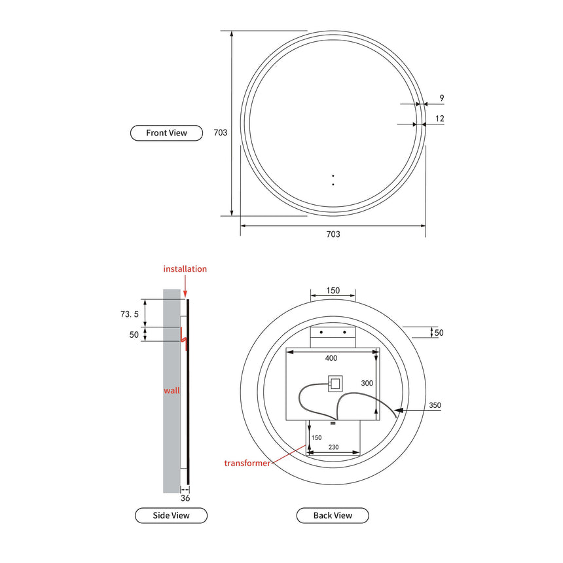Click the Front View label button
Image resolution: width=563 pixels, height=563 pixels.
pos(166,133)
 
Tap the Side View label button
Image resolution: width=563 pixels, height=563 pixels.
pos(171,515)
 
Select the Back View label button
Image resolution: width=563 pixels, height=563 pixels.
pos(333,515)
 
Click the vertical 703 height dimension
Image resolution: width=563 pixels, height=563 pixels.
pos(221,132)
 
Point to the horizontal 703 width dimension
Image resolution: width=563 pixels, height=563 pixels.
pos(333,234)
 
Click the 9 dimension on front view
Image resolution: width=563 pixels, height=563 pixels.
pos(442,98)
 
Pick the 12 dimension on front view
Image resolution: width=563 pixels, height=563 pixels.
pos(440,118)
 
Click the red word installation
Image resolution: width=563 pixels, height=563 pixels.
pos(185,269)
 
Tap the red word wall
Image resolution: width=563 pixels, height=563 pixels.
pos(172,390)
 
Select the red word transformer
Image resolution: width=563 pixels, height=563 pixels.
pos(247,463)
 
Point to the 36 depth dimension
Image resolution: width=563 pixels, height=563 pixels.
pos(185,498)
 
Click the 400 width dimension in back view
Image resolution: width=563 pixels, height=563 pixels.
pos(331,358)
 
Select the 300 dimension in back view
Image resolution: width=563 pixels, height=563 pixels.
pos(367,383)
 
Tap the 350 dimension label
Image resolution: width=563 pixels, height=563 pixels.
pos(435,406)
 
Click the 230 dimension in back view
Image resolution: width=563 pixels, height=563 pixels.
pos(333,447)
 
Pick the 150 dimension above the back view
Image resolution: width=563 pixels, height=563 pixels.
pos(333,290)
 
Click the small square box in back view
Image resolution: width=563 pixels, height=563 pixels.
pos(335,383)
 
